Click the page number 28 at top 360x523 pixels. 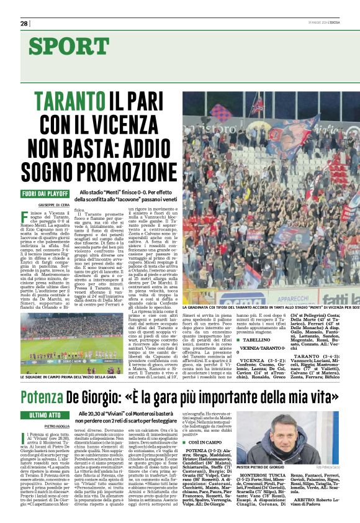(x=24, y=23)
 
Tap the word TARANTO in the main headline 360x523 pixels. (x=70, y=101)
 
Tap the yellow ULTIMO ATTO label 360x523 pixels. (x=45, y=414)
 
